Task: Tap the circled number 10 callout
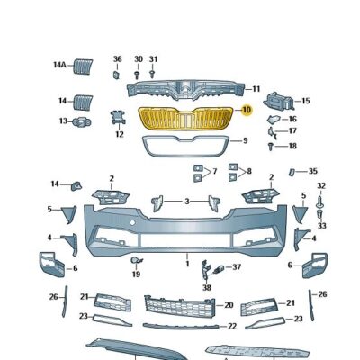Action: click(247, 111)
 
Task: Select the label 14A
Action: click(59, 65)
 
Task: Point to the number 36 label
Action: click(117, 59)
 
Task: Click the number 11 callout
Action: click(256, 89)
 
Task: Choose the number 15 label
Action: click(305, 101)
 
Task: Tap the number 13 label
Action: click(64, 121)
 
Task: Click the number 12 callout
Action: click(119, 135)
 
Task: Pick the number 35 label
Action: click(312, 171)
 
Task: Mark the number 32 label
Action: click(321, 186)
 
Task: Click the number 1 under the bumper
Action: click(187, 265)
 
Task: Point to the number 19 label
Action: click(136, 274)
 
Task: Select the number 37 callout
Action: click(237, 267)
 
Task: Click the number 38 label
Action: click(206, 287)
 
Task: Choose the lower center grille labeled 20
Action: click(184, 306)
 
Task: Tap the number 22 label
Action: click(231, 326)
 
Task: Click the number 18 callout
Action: click(292, 146)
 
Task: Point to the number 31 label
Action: click(153, 59)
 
